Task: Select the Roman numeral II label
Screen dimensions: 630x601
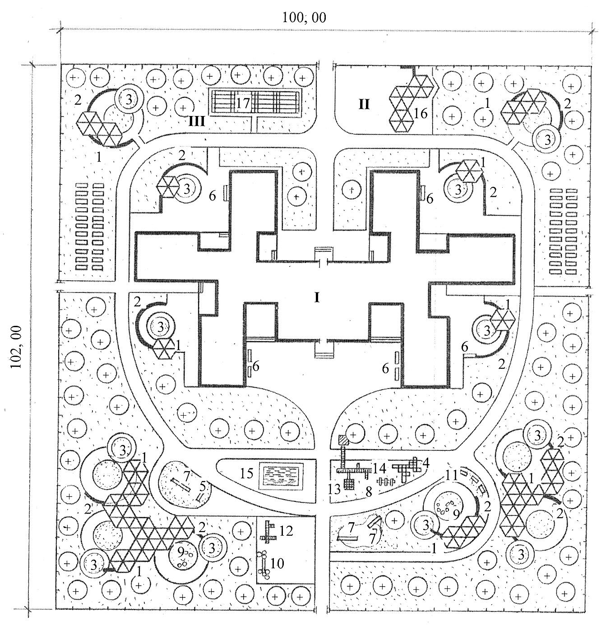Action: click(x=364, y=105)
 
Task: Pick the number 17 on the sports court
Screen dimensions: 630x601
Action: click(x=243, y=103)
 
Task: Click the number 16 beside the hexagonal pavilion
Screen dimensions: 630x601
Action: click(x=421, y=113)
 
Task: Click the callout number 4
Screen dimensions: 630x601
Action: click(x=425, y=463)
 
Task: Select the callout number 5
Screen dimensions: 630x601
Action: click(x=203, y=486)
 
